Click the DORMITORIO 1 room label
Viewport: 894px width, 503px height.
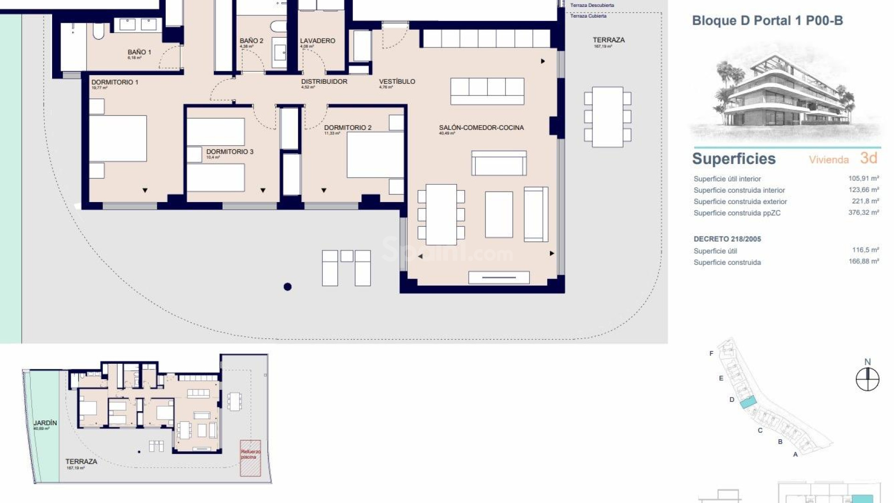(x=115, y=82)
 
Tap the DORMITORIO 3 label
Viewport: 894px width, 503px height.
(x=230, y=152)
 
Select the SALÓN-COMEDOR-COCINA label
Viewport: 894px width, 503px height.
(x=481, y=128)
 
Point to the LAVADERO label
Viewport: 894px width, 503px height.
(x=318, y=41)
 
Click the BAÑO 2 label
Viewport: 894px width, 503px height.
(x=251, y=41)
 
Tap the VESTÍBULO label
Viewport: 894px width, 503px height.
(x=397, y=82)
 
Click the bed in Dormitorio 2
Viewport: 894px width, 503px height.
(x=375, y=155)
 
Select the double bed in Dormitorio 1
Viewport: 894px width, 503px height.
(x=118, y=138)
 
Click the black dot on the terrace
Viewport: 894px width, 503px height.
(x=287, y=287)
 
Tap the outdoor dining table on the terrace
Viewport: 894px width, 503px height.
(x=607, y=117)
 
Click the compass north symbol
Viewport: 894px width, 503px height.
(x=867, y=379)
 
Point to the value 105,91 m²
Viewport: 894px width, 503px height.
(x=863, y=178)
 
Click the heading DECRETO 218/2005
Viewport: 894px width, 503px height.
(x=727, y=239)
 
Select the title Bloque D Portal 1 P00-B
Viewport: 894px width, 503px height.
(x=767, y=20)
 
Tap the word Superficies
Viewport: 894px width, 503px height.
(x=734, y=159)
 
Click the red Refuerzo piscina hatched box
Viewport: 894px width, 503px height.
(x=250, y=458)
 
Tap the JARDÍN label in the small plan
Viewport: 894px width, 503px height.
(x=45, y=423)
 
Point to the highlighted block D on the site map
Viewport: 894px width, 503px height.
(x=748, y=401)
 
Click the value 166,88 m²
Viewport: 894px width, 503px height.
(x=863, y=262)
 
